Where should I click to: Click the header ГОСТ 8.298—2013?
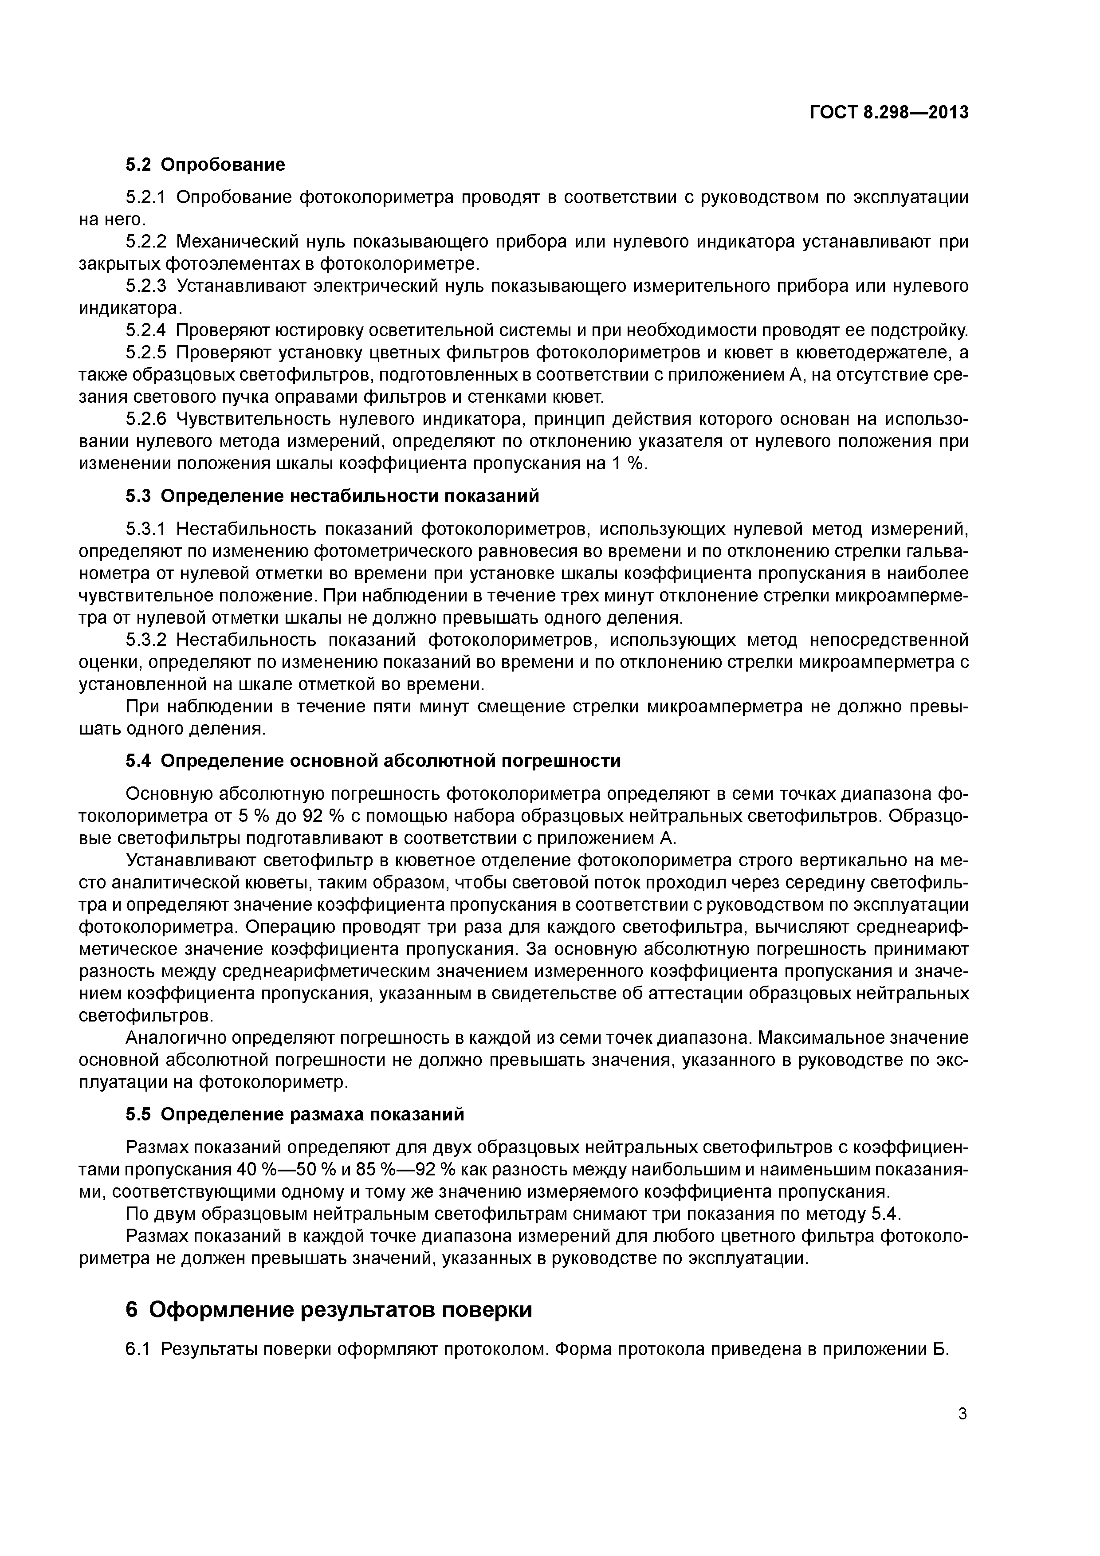pyautogui.click(x=889, y=113)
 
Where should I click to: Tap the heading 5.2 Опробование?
pyautogui.click(x=204, y=165)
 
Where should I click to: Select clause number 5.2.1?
pyautogui.click(x=146, y=198)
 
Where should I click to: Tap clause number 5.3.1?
pyautogui.click(x=146, y=529)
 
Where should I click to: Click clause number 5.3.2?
pyautogui.click(x=146, y=640)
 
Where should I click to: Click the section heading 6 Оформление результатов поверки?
pyautogui.click(x=329, y=1310)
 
